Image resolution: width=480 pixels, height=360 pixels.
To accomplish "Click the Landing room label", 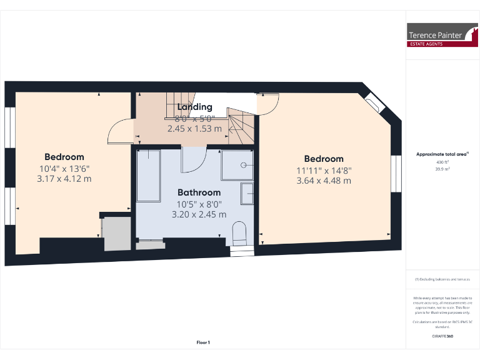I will (194, 107).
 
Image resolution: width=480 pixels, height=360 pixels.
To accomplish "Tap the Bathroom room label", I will (199, 192).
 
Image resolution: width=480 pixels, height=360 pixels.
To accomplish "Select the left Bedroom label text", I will (64, 157).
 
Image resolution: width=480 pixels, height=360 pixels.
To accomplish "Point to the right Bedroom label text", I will (324, 159).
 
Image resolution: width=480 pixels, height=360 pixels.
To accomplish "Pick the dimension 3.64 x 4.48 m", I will (324, 181).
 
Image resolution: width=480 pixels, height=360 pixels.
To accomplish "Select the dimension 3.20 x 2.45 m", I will (199, 214).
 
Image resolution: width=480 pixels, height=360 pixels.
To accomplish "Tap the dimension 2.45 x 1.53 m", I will (194, 129).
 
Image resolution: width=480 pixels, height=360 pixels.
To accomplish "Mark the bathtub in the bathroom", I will (148, 175).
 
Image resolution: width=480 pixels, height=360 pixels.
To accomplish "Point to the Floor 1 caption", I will (203, 342).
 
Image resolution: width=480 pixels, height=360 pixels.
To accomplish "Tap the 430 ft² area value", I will (443, 162).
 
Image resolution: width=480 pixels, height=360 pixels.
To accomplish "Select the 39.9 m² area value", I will (443, 169).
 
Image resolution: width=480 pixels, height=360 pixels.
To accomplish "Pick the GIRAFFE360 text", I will (442, 336).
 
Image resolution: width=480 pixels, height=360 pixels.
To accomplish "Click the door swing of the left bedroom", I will (118, 131).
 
